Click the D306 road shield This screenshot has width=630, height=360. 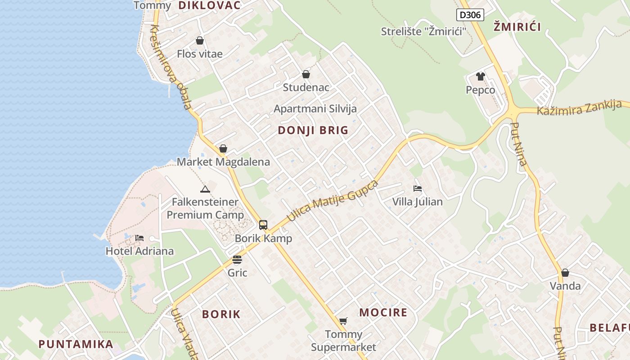coord(470,15)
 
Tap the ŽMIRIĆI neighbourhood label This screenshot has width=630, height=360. coord(517,27)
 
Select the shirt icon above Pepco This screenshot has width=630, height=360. coord(481,76)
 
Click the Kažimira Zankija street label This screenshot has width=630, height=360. coord(579,108)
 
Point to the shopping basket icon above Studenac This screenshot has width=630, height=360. coord(306,74)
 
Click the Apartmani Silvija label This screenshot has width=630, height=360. coord(315,109)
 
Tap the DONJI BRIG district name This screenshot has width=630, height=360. coord(313,130)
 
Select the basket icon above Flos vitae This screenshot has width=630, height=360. coord(200,41)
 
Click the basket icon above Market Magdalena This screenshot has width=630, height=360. coord(223,149)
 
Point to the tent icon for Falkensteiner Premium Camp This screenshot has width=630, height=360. coord(205,189)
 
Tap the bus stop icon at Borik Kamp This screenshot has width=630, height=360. coord(263,225)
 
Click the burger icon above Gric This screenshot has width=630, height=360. coord(237,260)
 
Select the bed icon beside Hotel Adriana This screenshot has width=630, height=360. coord(139,238)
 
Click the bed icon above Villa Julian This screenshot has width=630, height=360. coord(418,189)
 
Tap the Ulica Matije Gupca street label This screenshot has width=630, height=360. coord(333,201)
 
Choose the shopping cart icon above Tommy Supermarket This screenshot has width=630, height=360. coord(343,321)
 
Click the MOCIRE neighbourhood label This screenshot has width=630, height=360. coord(383,312)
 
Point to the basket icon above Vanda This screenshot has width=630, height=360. coord(565,273)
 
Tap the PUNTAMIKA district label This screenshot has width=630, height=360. coord(76,344)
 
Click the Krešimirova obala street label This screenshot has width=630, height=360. coord(171,67)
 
